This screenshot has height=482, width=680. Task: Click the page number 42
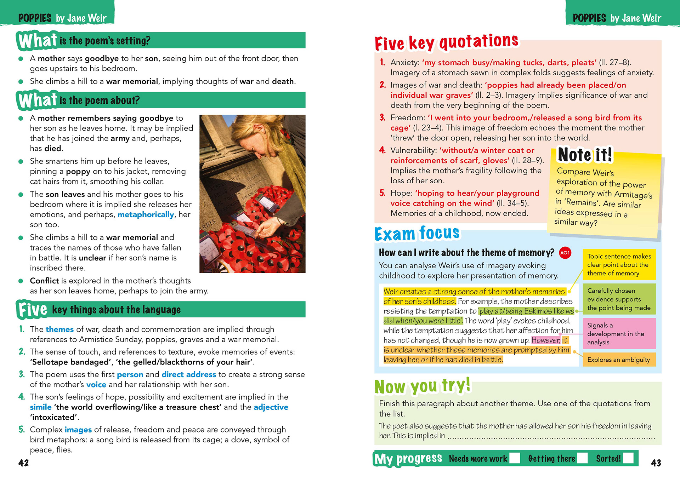coord(23,463)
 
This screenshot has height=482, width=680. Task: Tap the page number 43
coord(656,463)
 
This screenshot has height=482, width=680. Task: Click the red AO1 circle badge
coord(565,253)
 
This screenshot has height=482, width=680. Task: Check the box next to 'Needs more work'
coord(515,458)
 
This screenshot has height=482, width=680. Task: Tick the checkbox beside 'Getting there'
coord(582,458)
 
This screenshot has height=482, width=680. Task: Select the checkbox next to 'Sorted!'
coord(628,458)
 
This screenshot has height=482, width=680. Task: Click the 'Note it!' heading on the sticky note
coord(585,155)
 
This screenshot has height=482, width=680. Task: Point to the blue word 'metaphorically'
coord(146,214)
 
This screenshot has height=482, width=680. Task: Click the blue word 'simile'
coord(41,407)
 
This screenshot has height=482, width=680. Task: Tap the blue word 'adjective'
coord(271,407)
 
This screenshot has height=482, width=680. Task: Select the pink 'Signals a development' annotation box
coord(619,334)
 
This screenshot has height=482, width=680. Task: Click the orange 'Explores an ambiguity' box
coord(619,360)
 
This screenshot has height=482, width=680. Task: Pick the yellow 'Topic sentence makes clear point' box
coord(619,265)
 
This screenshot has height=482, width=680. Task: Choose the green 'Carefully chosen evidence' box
coord(619,299)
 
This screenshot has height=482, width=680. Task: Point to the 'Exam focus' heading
coord(417,234)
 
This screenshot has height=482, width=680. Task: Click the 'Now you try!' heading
coord(423,386)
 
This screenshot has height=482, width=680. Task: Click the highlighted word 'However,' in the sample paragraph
coord(546,340)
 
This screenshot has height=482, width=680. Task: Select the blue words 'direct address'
coord(189,374)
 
